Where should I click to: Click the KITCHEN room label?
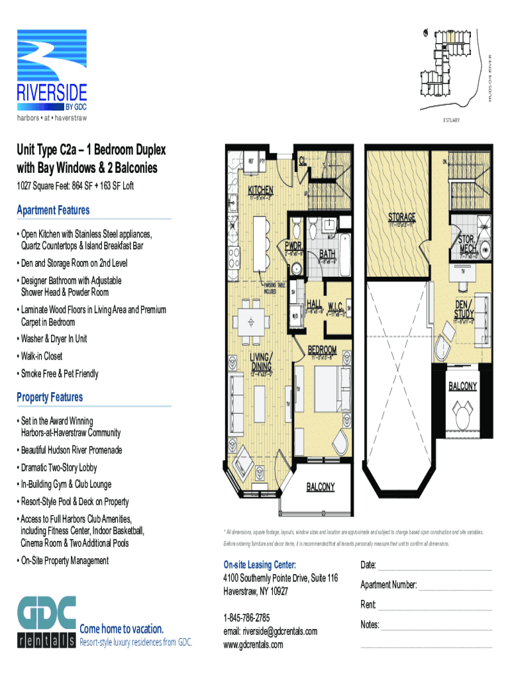(x=260, y=190)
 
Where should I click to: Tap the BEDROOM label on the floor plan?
(x=323, y=350)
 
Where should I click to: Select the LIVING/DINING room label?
(x=260, y=362)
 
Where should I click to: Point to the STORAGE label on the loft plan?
(x=401, y=217)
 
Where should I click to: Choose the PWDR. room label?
(x=294, y=244)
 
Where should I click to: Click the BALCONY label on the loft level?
(x=463, y=386)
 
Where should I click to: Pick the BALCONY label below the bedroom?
(x=320, y=487)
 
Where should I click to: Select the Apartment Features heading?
(x=53, y=211)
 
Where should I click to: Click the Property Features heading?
(x=50, y=397)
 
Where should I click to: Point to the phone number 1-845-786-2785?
(x=246, y=617)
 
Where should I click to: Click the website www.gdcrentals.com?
(x=253, y=644)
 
